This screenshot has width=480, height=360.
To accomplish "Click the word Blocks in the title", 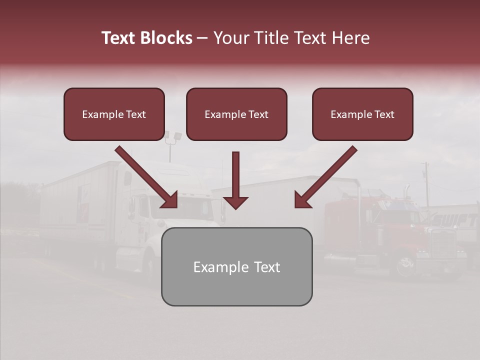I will [166, 38].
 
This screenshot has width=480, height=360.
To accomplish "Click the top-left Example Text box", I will [114, 114].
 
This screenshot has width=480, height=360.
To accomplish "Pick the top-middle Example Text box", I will [236, 114].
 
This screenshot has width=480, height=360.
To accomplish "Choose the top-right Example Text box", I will [362, 114].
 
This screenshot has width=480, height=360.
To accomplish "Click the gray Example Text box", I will [236, 267].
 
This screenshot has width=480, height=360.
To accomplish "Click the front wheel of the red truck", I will [405, 265].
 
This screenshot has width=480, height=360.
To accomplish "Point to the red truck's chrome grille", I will [442, 244].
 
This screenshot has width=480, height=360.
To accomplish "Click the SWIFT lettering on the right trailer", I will [455, 220].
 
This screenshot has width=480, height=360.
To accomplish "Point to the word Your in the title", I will [229, 38].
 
